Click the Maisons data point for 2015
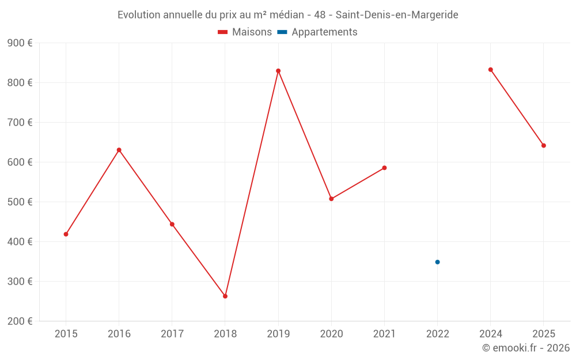(66, 234)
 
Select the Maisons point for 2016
(119, 150)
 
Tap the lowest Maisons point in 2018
(225, 296)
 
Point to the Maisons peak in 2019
(278, 71)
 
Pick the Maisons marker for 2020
(331, 199)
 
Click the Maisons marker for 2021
(384, 168)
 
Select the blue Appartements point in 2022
(437, 262)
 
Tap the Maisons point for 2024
(490, 70)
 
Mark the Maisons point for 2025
(543, 146)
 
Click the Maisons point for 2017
(172, 224)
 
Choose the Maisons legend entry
(245, 32)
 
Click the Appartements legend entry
(317, 32)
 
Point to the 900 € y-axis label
(20, 43)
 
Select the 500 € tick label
(20, 202)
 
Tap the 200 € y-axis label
(20, 321)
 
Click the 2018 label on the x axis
(225, 334)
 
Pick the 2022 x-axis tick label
(437, 334)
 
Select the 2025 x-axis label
(543, 334)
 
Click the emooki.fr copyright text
(526, 348)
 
